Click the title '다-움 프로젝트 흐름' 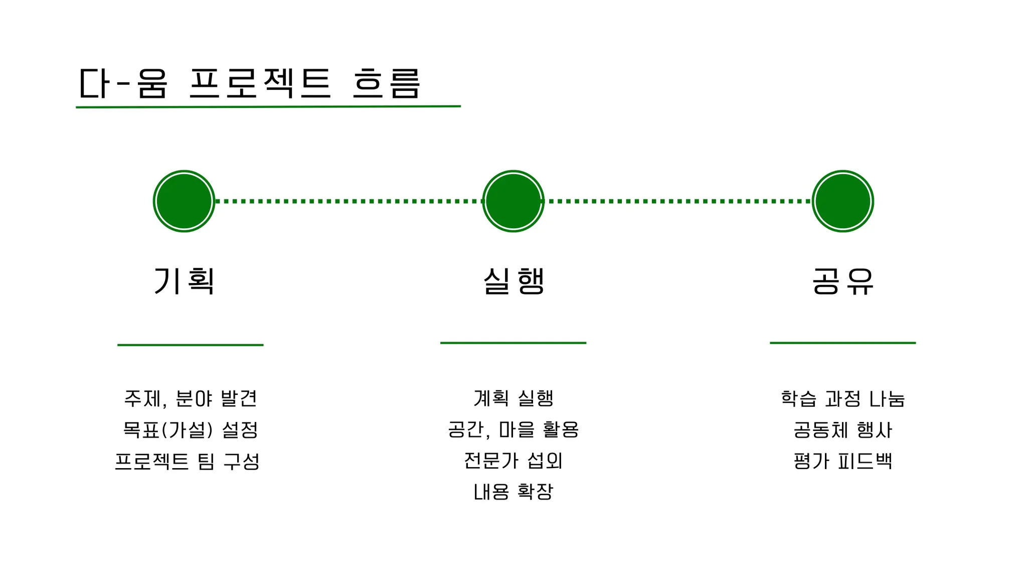pyautogui.click(x=250, y=83)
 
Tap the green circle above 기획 pyautogui.click(x=184, y=201)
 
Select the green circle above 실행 pyautogui.click(x=513, y=201)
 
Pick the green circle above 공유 pyautogui.click(x=842, y=201)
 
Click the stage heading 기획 pyautogui.click(x=184, y=281)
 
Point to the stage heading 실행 pyautogui.click(x=513, y=281)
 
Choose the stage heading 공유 pyautogui.click(x=842, y=281)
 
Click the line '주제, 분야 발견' pyautogui.click(x=190, y=399)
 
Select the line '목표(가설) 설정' pyautogui.click(x=190, y=430)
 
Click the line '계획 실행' pyautogui.click(x=513, y=399)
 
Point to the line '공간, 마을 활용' pyautogui.click(x=513, y=430)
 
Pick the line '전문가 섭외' pyautogui.click(x=513, y=461)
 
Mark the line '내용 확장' pyautogui.click(x=513, y=492)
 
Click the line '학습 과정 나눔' pyautogui.click(x=842, y=399)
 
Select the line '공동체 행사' pyautogui.click(x=842, y=430)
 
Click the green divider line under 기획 pyautogui.click(x=190, y=345)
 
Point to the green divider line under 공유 pyautogui.click(x=842, y=343)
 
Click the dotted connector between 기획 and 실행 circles pyautogui.click(x=349, y=201)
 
